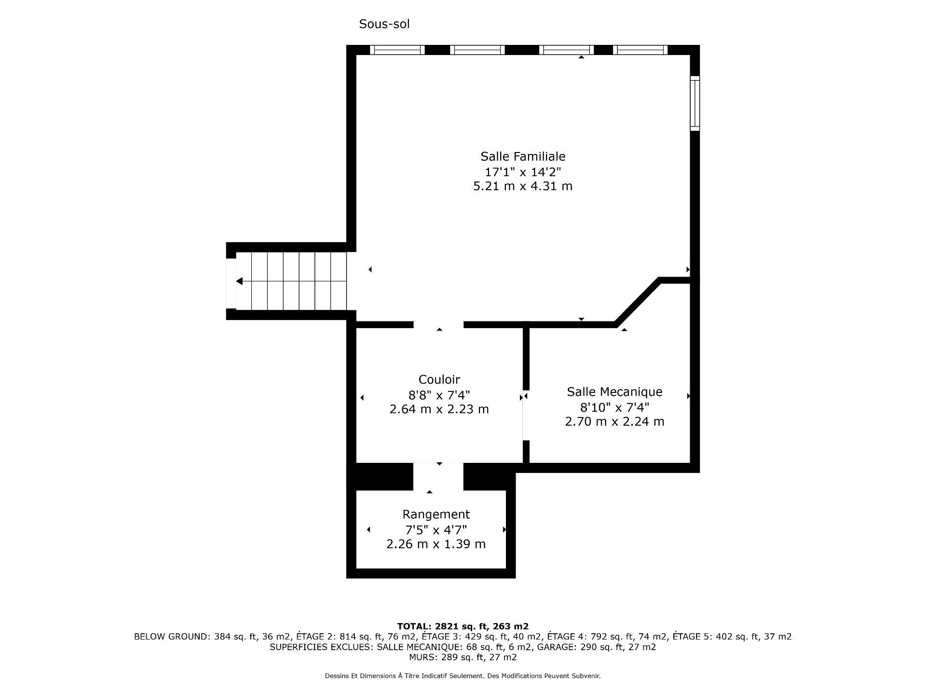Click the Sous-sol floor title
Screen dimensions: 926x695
point(384,24)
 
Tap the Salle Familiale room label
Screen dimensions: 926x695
point(523,156)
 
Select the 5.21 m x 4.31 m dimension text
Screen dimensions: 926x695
point(523,186)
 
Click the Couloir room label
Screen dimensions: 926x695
point(439,379)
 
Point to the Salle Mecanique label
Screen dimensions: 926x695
point(614,391)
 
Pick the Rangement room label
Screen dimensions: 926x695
point(436,514)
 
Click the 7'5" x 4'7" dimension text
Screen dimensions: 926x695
point(436,530)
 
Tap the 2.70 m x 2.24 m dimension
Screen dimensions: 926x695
point(614,421)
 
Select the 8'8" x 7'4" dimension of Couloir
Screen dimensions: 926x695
point(439,395)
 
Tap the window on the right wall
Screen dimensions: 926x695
point(694,103)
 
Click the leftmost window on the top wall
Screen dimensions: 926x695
point(397,50)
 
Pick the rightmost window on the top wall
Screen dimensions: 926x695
point(640,50)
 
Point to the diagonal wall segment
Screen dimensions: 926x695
point(638,302)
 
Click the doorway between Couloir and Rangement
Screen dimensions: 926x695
point(438,476)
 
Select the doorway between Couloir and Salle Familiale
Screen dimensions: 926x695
point(438,324)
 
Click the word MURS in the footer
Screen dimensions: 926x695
point(423,657)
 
